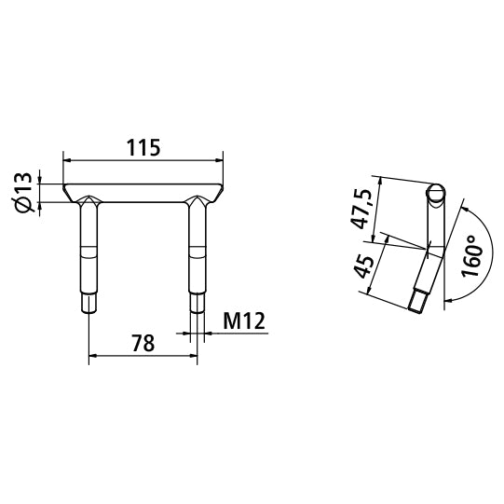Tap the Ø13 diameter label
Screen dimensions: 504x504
25,192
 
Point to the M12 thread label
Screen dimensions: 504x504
245,321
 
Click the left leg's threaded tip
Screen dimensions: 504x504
89,303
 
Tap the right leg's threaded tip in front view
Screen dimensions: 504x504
198,303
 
